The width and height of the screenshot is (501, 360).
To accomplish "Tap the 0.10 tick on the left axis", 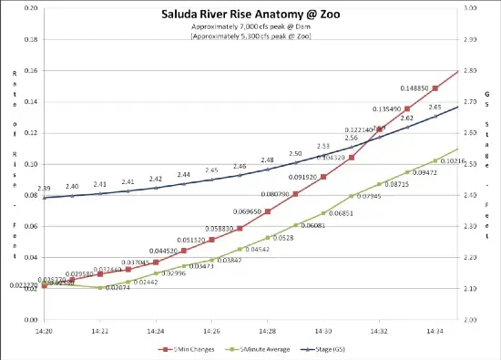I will pyautogui.click(x=31, y=164).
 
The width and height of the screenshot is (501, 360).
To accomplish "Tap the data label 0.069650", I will pyautogui.click(x=246, y=211).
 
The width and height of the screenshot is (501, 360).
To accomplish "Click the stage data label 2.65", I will pyautogui.click(x=435, y=108).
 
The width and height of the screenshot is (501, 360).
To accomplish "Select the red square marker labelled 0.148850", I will pyautogui.click(x=435, y=88).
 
